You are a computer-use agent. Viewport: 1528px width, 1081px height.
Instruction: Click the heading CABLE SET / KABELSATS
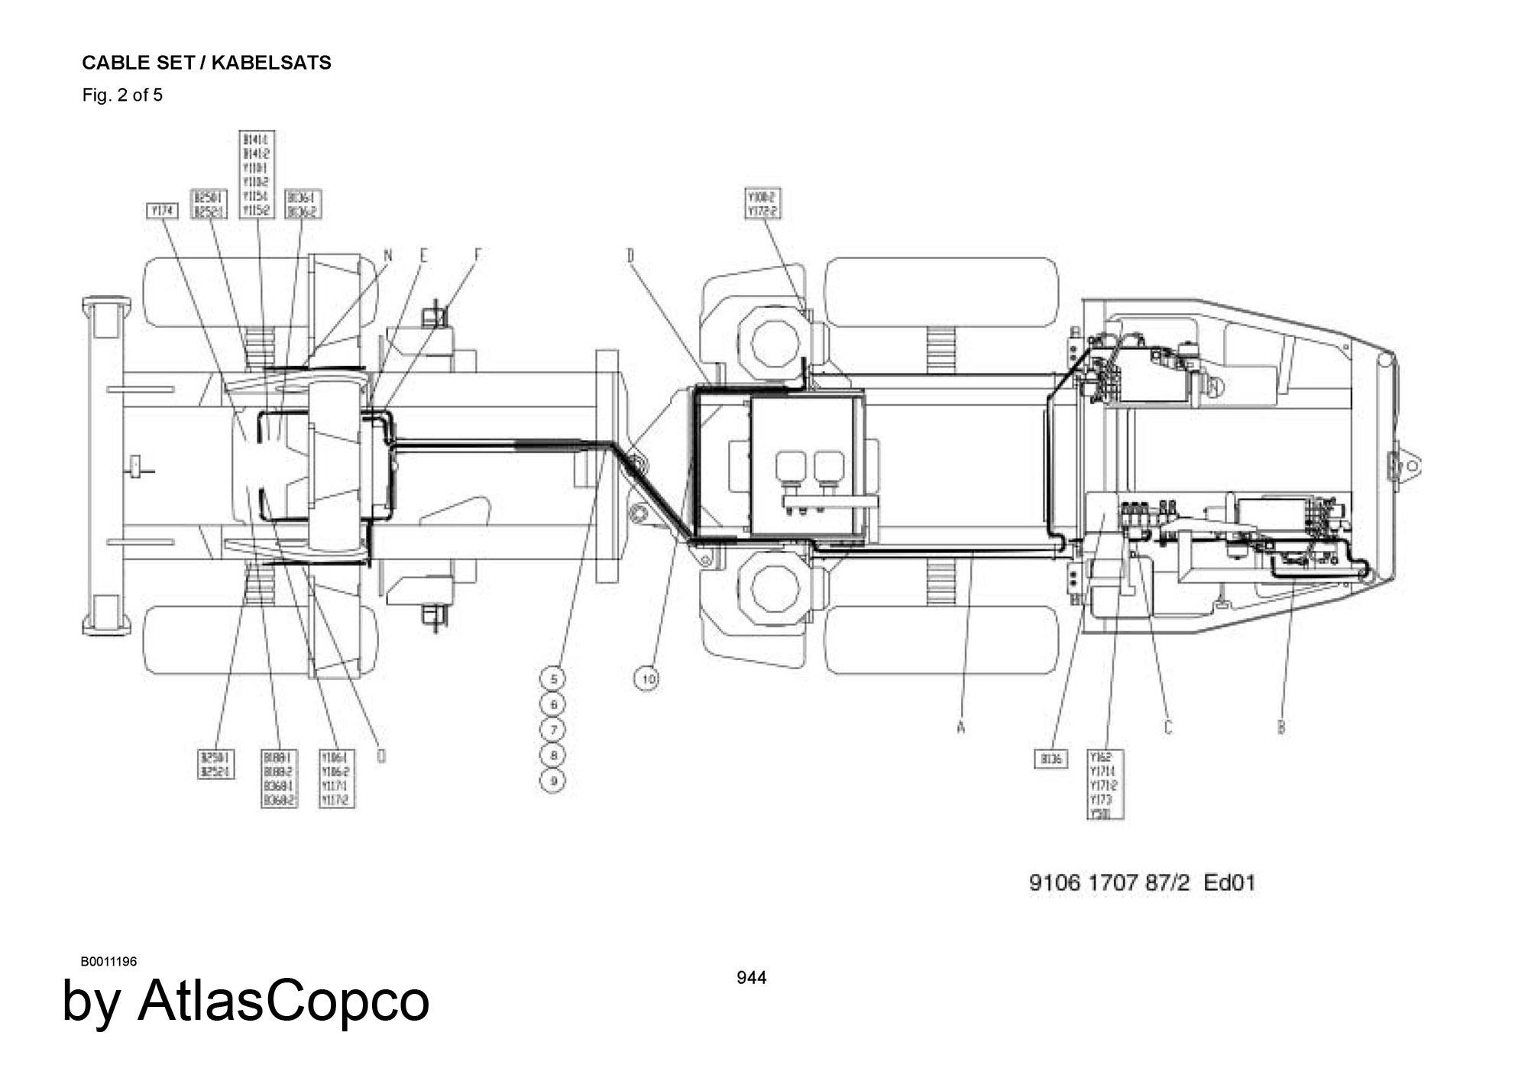[206, 63]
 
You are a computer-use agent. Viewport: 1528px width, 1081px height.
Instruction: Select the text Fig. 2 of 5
[122, 95]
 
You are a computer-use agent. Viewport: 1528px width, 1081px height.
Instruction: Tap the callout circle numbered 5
[553, 678]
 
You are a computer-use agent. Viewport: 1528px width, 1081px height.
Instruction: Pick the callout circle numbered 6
[553, 704]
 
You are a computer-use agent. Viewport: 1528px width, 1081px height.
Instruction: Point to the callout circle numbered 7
[553, 730]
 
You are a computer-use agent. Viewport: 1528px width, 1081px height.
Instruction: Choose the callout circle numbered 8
[553, 755]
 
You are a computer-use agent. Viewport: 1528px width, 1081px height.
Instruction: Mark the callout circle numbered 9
[553, 781]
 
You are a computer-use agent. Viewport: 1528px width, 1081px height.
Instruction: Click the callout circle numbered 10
[647, 678]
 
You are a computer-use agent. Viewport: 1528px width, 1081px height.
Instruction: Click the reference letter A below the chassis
[960, 728]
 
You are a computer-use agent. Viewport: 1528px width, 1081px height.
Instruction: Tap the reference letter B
[1281, 727]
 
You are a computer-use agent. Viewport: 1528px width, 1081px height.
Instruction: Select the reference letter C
[1167, 727]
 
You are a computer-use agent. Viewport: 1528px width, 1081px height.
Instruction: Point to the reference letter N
[387, 256]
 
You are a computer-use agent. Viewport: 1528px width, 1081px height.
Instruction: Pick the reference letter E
[423, 256]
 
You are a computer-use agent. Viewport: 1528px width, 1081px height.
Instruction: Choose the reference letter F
[477, 256]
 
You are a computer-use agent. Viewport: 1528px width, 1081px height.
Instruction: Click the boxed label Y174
[161, 210]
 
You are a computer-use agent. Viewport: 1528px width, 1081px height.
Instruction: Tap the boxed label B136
[1050, 759]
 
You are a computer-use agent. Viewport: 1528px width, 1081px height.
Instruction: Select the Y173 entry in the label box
[1102, 800]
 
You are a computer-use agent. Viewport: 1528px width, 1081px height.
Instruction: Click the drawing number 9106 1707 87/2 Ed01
[1142, 883]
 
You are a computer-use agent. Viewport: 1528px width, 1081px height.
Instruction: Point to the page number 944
[751, 978]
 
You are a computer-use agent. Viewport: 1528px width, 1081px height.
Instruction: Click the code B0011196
[108, 961]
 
